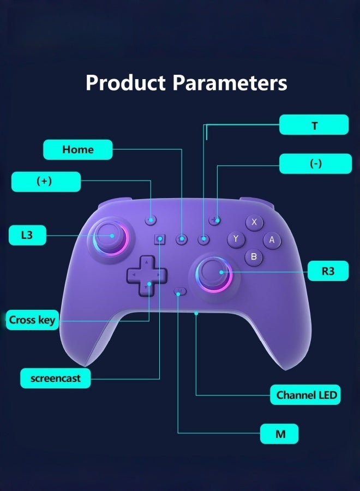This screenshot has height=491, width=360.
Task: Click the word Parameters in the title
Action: point(230,83)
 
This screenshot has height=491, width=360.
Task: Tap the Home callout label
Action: point(77,149)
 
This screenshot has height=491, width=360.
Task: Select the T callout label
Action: point(314,125)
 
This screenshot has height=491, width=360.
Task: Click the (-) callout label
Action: point(315,164)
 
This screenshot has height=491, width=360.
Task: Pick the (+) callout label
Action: point(46,182)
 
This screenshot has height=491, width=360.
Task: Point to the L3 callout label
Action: point(27,235)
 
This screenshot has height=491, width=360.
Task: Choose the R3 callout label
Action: point(328,271)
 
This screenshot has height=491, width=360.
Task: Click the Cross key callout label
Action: point(32,320)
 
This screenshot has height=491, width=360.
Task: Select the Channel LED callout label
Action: point(305,394)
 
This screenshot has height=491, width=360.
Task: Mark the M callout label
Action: point(279,434)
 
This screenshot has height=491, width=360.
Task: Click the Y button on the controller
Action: point(236,238)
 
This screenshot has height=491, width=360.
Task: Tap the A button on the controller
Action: point(272,239)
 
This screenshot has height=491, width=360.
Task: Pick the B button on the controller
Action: point(254,256)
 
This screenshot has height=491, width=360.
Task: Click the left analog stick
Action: point(111,236)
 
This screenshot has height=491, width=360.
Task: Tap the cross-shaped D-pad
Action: point(147,276)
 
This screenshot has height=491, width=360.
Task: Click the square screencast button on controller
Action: point(160,238)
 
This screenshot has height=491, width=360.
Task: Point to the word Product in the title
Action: point(125,83)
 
